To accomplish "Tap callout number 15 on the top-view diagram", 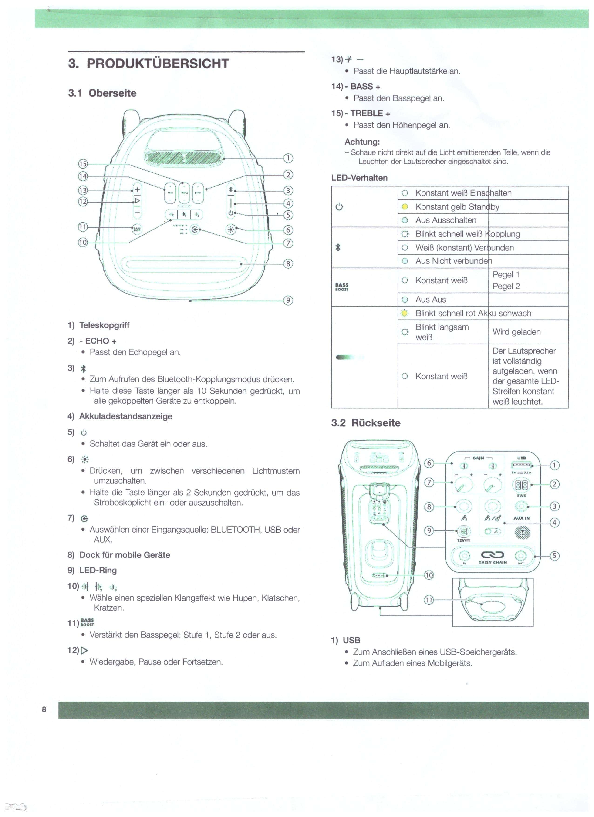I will click(83, 164).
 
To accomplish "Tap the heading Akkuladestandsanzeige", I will click(126, 416).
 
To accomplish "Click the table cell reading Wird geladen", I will click(516, 332).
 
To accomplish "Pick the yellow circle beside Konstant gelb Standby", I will click(405, 207).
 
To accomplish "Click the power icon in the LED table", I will click(339, 207).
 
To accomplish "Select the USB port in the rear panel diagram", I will click(521, 466).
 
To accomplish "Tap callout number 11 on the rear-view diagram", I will click(429, 600).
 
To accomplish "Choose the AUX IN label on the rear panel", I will click(521, 518).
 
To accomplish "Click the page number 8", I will click(44, 709).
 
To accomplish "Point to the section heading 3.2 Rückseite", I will click(366, 423).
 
